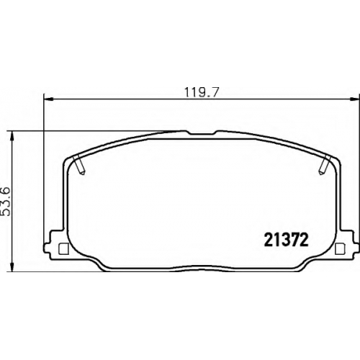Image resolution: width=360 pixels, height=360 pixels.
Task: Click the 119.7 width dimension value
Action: (x=202, y=92)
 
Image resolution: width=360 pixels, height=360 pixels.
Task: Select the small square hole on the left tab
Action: (x=63, y=249)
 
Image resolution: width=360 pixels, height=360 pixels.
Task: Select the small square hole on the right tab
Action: (x=339, y=249)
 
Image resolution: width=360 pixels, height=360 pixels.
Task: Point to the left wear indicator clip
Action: (x=80, y=165)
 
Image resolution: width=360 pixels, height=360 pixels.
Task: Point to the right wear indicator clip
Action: (x=325, y=165)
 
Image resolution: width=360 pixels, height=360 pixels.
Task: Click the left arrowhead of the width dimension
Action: (x=49, y=99)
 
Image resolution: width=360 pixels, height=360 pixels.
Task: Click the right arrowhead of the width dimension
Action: (x=354, y=99)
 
